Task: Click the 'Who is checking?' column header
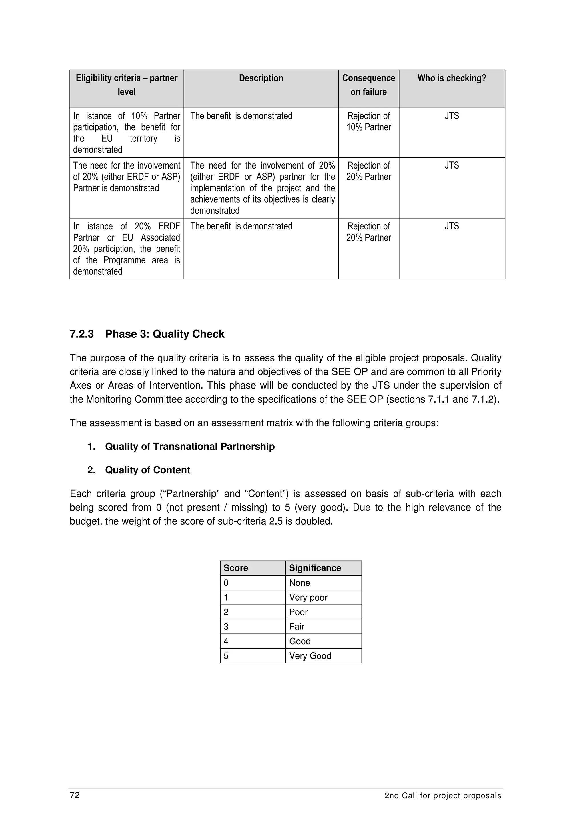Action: point(452,78)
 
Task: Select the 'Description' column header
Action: point(261,78)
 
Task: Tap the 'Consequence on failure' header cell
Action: point(368,85)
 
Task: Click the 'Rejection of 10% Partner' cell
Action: point(368,121)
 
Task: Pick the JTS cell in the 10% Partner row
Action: point(452,116)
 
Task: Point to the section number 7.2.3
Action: point(81,334)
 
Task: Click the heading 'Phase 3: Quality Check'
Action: point(165,334)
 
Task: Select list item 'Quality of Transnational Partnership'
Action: point(190,447)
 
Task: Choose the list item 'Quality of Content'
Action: point(147,470)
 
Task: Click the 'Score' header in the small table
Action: point(236,568)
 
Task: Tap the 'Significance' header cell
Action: point(315,568)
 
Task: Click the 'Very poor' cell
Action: point(308,597)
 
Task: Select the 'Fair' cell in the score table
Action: point(297,626)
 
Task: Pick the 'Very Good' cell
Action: point(310,656)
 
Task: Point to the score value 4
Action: point(226,641)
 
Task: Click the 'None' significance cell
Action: point(300,583)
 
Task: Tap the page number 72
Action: point(75,795)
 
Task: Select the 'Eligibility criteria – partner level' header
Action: point(127,85)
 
